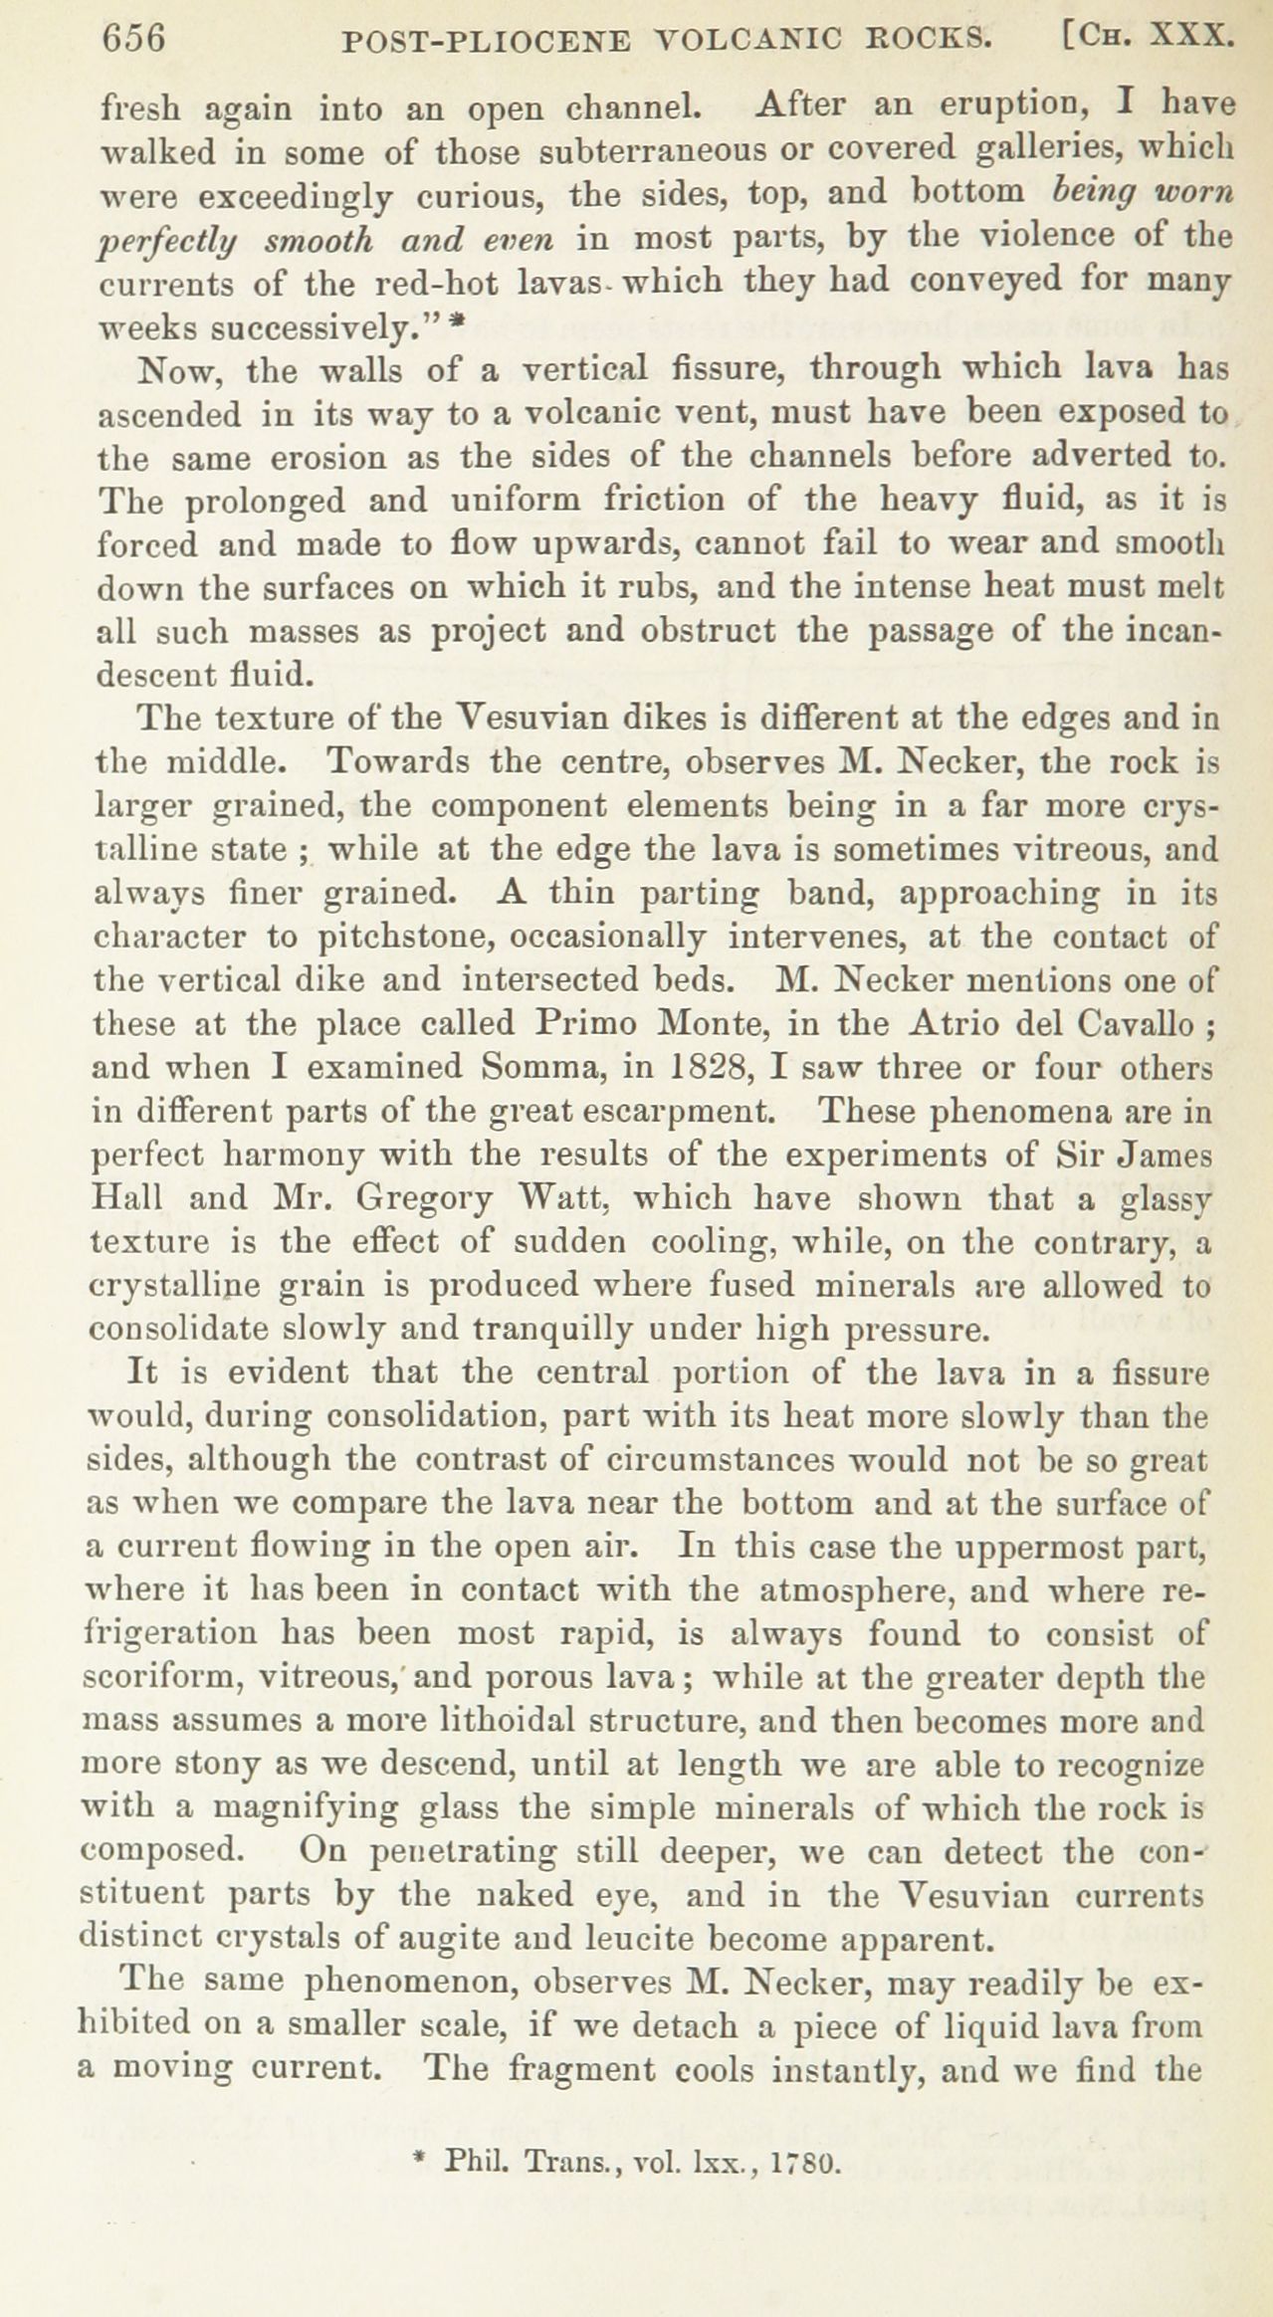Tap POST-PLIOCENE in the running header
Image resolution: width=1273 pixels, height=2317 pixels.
pyautogui.click(x=486, y=41)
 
